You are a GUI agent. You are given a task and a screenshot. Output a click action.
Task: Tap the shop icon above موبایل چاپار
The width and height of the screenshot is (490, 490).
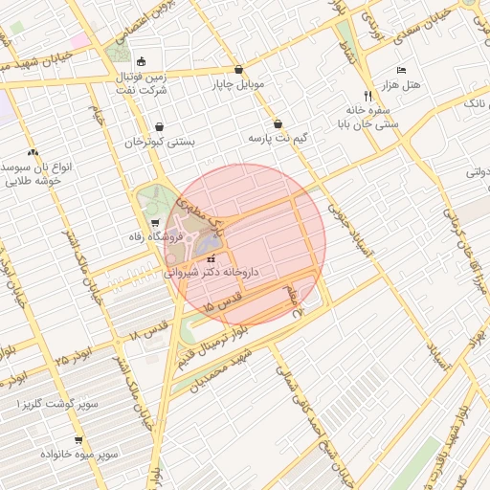click(237, 70)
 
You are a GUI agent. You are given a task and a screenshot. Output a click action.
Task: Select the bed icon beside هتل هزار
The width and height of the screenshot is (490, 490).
click(401, 70)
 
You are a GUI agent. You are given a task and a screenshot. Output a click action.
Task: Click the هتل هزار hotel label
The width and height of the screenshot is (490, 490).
click(401, 86)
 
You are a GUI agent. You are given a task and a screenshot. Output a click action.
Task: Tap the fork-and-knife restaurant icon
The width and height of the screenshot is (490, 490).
click(368, 96)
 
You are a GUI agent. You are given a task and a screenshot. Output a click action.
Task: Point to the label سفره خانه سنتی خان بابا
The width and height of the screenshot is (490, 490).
click(368, 117)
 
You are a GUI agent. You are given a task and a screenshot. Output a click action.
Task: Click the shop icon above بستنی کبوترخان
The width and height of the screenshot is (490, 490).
click(159, 126)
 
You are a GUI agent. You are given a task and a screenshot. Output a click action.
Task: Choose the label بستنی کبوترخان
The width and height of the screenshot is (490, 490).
click(159, 142)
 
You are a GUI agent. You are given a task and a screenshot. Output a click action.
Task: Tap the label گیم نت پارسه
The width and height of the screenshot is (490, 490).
click(278, 139)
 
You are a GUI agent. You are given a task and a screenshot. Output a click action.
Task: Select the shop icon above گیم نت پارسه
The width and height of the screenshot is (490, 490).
click(278, 123)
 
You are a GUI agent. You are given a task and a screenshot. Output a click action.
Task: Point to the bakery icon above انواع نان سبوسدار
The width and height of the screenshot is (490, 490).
click(33, 152)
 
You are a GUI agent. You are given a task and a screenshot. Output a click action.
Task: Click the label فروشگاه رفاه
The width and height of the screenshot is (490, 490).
click(155, 236)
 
